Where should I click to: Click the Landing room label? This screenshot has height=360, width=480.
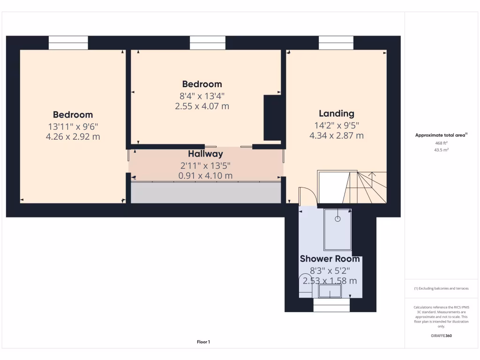coord(336,113)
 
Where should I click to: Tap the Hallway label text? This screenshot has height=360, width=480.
coord(205,154)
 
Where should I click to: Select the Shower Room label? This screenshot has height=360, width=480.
coord(330,259)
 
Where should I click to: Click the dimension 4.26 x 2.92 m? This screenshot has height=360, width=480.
coord(73,137)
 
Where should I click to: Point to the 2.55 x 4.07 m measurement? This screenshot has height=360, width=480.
coord(202,106)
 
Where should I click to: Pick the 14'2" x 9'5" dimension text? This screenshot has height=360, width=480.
coord(336,125)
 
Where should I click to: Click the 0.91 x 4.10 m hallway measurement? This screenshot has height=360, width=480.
coord(205,176)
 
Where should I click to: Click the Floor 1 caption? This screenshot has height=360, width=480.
coord(203,342)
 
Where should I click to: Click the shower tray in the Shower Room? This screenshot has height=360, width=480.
coord(337,230)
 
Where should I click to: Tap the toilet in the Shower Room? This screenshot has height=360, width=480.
coord(305,286)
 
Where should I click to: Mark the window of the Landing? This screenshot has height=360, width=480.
coord(336,43)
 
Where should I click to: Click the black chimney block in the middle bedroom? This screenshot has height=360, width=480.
coord(272,118)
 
